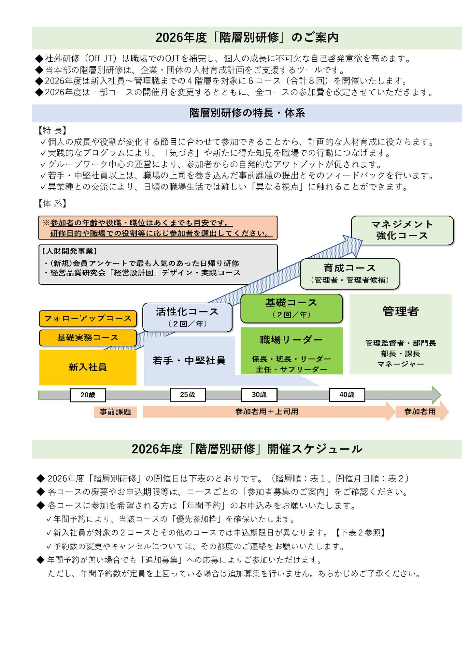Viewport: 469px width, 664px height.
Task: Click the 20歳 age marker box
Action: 88,395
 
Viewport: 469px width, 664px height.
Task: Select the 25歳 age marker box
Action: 188,395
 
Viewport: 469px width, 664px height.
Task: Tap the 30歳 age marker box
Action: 259,395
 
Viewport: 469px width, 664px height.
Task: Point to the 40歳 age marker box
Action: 347,395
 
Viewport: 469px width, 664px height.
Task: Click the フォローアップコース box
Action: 88,318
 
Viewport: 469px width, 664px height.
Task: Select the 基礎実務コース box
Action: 88,338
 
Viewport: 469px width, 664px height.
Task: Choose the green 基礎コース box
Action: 291,308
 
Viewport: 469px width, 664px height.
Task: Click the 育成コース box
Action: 349,274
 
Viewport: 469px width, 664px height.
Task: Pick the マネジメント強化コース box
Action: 402,230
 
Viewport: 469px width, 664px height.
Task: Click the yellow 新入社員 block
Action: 88,367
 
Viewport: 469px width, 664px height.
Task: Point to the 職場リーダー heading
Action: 291,340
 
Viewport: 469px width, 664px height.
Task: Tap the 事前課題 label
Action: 115,412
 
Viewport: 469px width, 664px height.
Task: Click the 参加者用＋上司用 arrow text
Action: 267,412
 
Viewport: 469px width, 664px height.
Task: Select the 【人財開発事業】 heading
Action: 69,251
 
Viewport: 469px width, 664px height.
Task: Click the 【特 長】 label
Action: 52,130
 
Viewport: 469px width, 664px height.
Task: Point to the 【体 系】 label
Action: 52,204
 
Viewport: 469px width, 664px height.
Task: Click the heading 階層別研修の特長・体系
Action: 247,113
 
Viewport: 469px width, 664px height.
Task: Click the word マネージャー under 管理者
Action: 400,364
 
